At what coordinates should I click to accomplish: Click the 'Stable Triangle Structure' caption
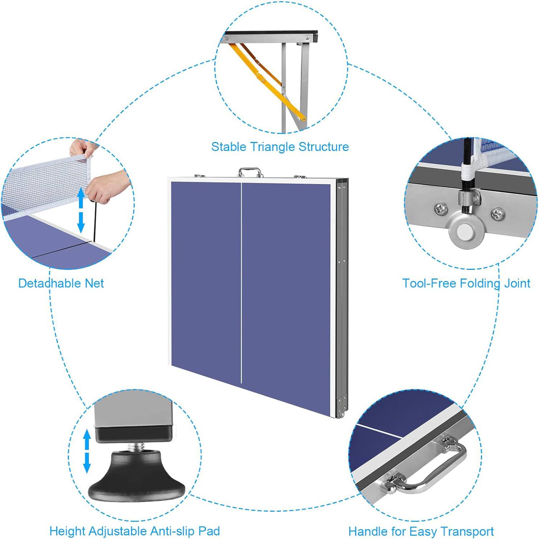(x=280, y=147)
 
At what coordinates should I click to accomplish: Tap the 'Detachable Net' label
(x=61, y=283)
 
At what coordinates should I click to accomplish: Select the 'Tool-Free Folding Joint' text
(x=466, y=283)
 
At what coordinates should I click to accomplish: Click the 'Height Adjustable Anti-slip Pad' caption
(x=134, y=531)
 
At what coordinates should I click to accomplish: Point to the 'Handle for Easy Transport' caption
(x=421, y=531)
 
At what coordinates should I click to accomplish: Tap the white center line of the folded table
(x=241, y=280)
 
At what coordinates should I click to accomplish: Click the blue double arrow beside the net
(x=81, y=211)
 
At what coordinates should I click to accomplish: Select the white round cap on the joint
(x=465, y=232)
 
